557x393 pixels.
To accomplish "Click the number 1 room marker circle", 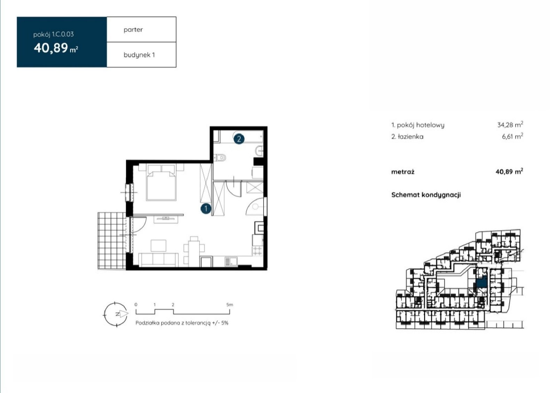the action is (x=206, y=209).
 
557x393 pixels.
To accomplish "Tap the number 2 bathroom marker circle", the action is (x=239, y=139).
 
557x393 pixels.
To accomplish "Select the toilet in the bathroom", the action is (x=220, y=158).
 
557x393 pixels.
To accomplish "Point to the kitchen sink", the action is (x=231, y=261).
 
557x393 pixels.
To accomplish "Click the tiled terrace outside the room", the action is (x=112, y=241).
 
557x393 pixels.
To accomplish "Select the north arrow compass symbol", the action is (x=116, y=314).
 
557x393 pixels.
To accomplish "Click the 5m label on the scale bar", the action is (x=229, y=305).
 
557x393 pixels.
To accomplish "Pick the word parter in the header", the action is (x=133, y=30).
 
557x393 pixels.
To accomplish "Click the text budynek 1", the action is (x=139, y=55).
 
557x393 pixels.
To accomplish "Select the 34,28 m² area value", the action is (x=510, y=125).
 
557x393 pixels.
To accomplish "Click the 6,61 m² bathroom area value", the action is (x=512, y=136).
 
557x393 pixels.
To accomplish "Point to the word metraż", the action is (x=402, y=172).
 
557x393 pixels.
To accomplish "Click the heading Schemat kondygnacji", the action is (x=426, y=195).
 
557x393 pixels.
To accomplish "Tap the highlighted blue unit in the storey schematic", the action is (x=482, y=282).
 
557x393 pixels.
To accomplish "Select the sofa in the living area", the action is (x=158, y=260).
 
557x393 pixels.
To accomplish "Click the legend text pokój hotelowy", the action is (x=421, y=125).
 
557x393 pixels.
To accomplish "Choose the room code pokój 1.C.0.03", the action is (x=54, y=34).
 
